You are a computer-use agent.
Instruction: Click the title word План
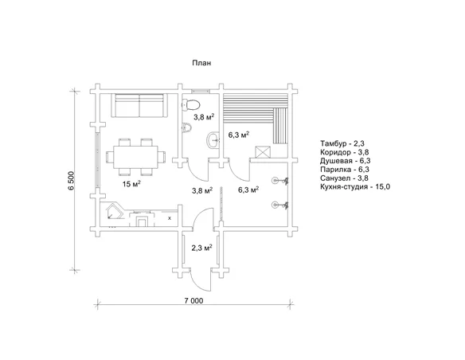201,63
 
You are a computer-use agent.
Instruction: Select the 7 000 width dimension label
194,301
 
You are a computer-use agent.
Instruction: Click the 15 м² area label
131,184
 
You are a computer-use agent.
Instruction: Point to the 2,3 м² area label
201,248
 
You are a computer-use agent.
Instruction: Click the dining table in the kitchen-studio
135,157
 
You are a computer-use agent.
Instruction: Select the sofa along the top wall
139,106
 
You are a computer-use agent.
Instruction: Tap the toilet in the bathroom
191,104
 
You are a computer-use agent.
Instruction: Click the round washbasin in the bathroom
213,139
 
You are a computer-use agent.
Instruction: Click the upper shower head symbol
280,180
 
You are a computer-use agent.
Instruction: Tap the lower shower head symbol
280,205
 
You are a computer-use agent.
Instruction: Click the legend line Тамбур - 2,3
342,143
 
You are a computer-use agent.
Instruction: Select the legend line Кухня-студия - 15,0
355,187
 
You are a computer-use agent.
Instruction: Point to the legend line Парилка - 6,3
344,170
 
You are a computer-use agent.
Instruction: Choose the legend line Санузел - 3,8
344,178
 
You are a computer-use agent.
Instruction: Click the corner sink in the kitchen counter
115,212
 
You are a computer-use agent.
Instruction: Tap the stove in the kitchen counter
142,219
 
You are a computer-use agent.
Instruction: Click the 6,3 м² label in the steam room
238,135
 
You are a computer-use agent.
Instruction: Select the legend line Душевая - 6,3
346,161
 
